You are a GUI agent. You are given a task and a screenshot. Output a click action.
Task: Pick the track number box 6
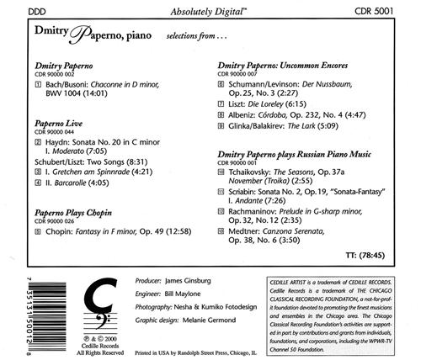pos(221,84)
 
